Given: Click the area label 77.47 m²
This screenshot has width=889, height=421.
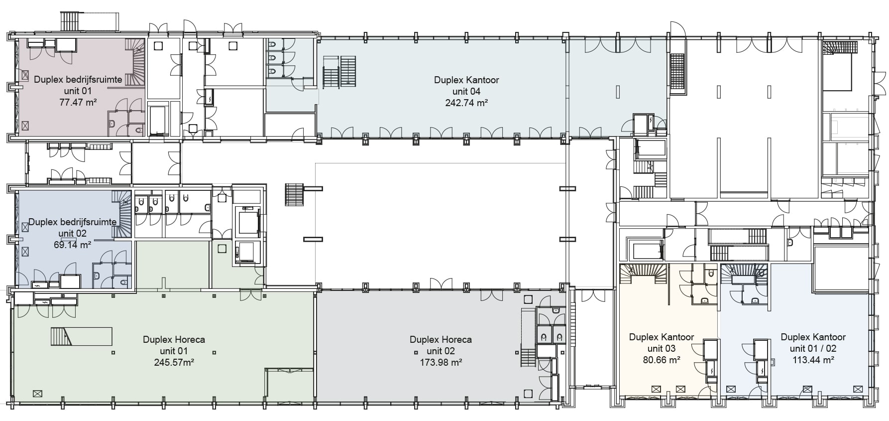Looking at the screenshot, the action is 78,102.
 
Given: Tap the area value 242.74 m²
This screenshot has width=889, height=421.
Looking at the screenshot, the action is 466,103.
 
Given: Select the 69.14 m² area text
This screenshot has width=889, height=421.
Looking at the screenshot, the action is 72,245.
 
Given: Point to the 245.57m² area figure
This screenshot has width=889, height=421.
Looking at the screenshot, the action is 174,362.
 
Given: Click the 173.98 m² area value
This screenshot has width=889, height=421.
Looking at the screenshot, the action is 441,362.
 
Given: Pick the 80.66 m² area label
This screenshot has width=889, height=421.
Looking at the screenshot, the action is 662,359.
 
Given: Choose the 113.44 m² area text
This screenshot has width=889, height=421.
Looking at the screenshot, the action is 813,359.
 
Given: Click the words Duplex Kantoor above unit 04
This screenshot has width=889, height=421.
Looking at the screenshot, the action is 466,80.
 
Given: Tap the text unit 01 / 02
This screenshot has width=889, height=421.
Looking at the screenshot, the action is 813,348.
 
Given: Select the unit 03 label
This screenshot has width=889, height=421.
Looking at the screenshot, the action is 662,348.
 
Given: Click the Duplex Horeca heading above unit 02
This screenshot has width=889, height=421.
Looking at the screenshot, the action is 441,339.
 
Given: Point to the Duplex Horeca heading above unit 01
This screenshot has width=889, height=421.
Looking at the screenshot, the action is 174,339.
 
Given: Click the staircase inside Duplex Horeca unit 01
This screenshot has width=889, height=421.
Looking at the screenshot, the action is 62,336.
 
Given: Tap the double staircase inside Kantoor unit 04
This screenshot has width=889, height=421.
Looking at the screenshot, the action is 340,72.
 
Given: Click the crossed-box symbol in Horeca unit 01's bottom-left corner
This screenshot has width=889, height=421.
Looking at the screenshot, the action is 37,393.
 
